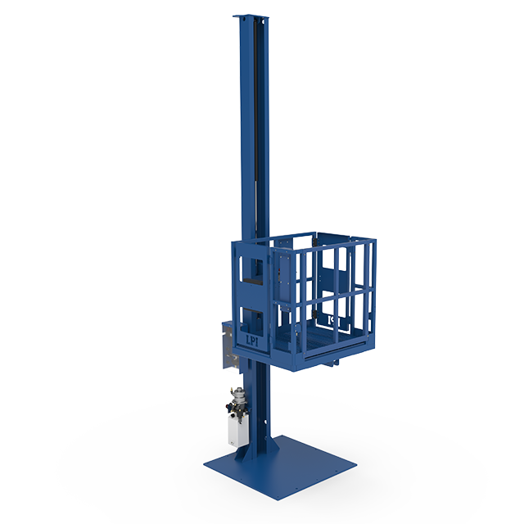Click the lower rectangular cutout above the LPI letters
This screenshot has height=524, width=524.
(x=251, y=317)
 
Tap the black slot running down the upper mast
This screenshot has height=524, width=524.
(x=263, y=123)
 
